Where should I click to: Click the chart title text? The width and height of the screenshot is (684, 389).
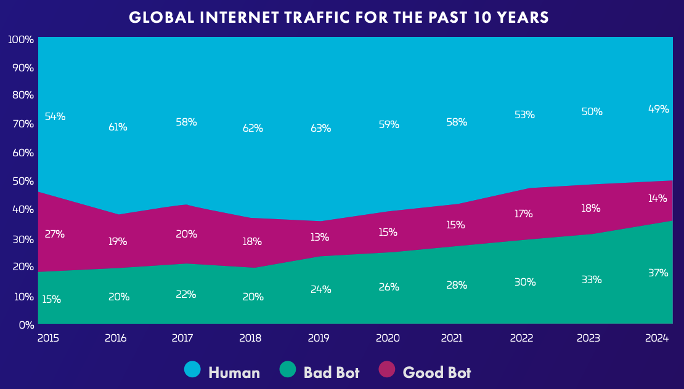click(338, 18)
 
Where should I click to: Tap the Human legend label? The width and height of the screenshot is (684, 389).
click(234, 372)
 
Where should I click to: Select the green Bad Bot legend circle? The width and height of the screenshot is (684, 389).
click(288, 369)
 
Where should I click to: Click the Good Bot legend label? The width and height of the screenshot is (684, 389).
click(437, 372)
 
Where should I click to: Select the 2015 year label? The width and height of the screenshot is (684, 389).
click(48, 338)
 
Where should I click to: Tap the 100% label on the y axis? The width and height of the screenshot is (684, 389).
click(21, 39)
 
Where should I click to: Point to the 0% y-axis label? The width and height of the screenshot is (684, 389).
click(26, 324)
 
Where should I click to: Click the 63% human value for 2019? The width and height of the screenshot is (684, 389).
click(320, 128)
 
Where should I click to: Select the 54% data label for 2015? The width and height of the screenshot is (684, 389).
click(55, 116)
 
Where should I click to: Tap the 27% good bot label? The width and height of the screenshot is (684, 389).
click(54, 234)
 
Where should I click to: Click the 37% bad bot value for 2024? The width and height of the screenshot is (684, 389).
click(658, 273)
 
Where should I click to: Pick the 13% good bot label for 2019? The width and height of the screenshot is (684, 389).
click(319, 237)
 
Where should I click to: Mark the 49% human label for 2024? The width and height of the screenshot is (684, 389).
click(658, 109)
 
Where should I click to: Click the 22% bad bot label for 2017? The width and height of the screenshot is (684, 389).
click(185, 294)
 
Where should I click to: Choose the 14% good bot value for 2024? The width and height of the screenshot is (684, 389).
click(658, 198)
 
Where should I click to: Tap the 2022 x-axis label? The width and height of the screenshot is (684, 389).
click(523, 338)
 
